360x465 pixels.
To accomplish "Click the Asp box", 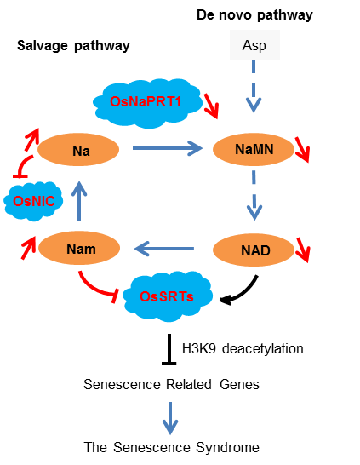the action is pos(254,45).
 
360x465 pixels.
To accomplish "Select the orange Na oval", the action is pos(78,149).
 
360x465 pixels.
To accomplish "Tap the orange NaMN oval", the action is pos(254,149).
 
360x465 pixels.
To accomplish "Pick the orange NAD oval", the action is pos(254,250).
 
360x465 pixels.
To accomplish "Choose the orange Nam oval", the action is pos(79,248).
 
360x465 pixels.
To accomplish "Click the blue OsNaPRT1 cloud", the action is pos(147,103).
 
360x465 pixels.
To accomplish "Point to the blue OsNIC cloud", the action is pos(33,201).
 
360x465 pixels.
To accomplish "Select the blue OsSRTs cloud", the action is pos(168,296).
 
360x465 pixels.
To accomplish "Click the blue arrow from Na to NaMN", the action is pos(168,148).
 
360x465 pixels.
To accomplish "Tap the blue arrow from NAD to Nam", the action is pos(164,249).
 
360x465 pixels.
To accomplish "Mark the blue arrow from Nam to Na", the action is pos(79,201).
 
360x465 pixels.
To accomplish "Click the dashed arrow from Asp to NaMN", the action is pos(254,86).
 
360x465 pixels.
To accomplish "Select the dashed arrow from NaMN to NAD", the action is pos(254,195).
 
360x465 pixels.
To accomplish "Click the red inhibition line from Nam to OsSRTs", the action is pos(95,290).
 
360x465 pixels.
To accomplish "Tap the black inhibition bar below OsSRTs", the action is pos(169,349).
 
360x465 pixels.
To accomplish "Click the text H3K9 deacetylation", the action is pos(243,349).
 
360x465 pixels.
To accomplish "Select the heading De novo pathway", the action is pos(254,14).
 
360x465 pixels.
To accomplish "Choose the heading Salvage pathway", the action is pos(73,45).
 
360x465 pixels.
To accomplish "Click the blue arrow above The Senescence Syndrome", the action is pos(170,418).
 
